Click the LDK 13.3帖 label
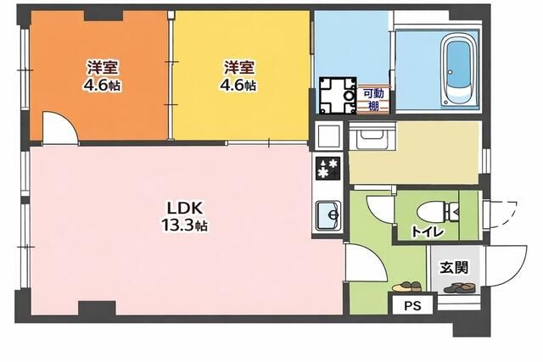tap(185, 217)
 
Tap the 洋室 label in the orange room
tap(103, 67)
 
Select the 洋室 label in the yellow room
tap(239, 67)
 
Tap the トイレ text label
tap(427, 231)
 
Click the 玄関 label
tap(454, 267)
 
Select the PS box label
tap(412, 305)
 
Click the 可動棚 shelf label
tap(373, 100)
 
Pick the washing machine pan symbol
tap(338, 96)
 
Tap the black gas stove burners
tap(327, 168)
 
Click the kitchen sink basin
tap(327, 215)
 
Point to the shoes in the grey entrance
tap(459, 287)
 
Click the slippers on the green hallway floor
tap(406, 287)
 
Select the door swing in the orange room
tap(60, 127)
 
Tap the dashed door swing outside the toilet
tap(503, 214)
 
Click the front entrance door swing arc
tap(507, 266)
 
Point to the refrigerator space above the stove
tap(327, 136)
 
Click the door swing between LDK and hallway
tap(367, 262)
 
